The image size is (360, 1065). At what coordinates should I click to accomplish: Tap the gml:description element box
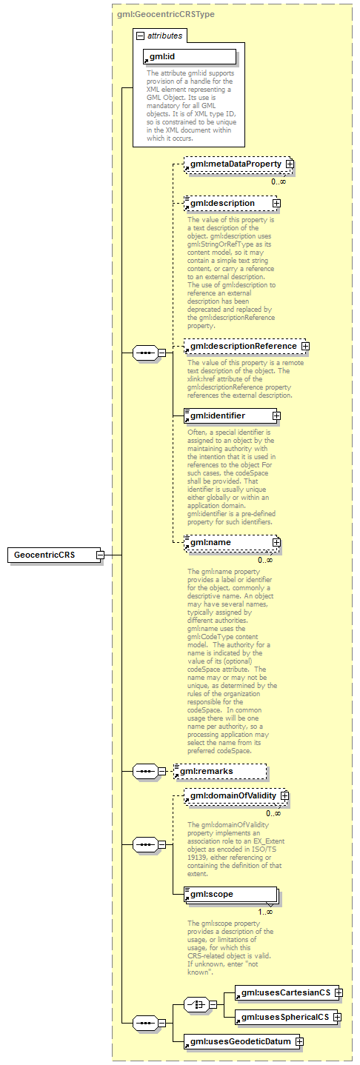tap(227, 203)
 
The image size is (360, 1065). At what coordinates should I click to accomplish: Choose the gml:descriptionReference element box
tap(242, 346)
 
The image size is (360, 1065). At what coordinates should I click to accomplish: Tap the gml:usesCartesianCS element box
tap(283, 991)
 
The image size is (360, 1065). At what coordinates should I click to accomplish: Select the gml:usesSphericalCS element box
tap(283, 1017)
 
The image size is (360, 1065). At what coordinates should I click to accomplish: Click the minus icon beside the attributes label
tap(140, 35)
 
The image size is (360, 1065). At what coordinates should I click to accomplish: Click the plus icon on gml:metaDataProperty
tap(289, 164)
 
